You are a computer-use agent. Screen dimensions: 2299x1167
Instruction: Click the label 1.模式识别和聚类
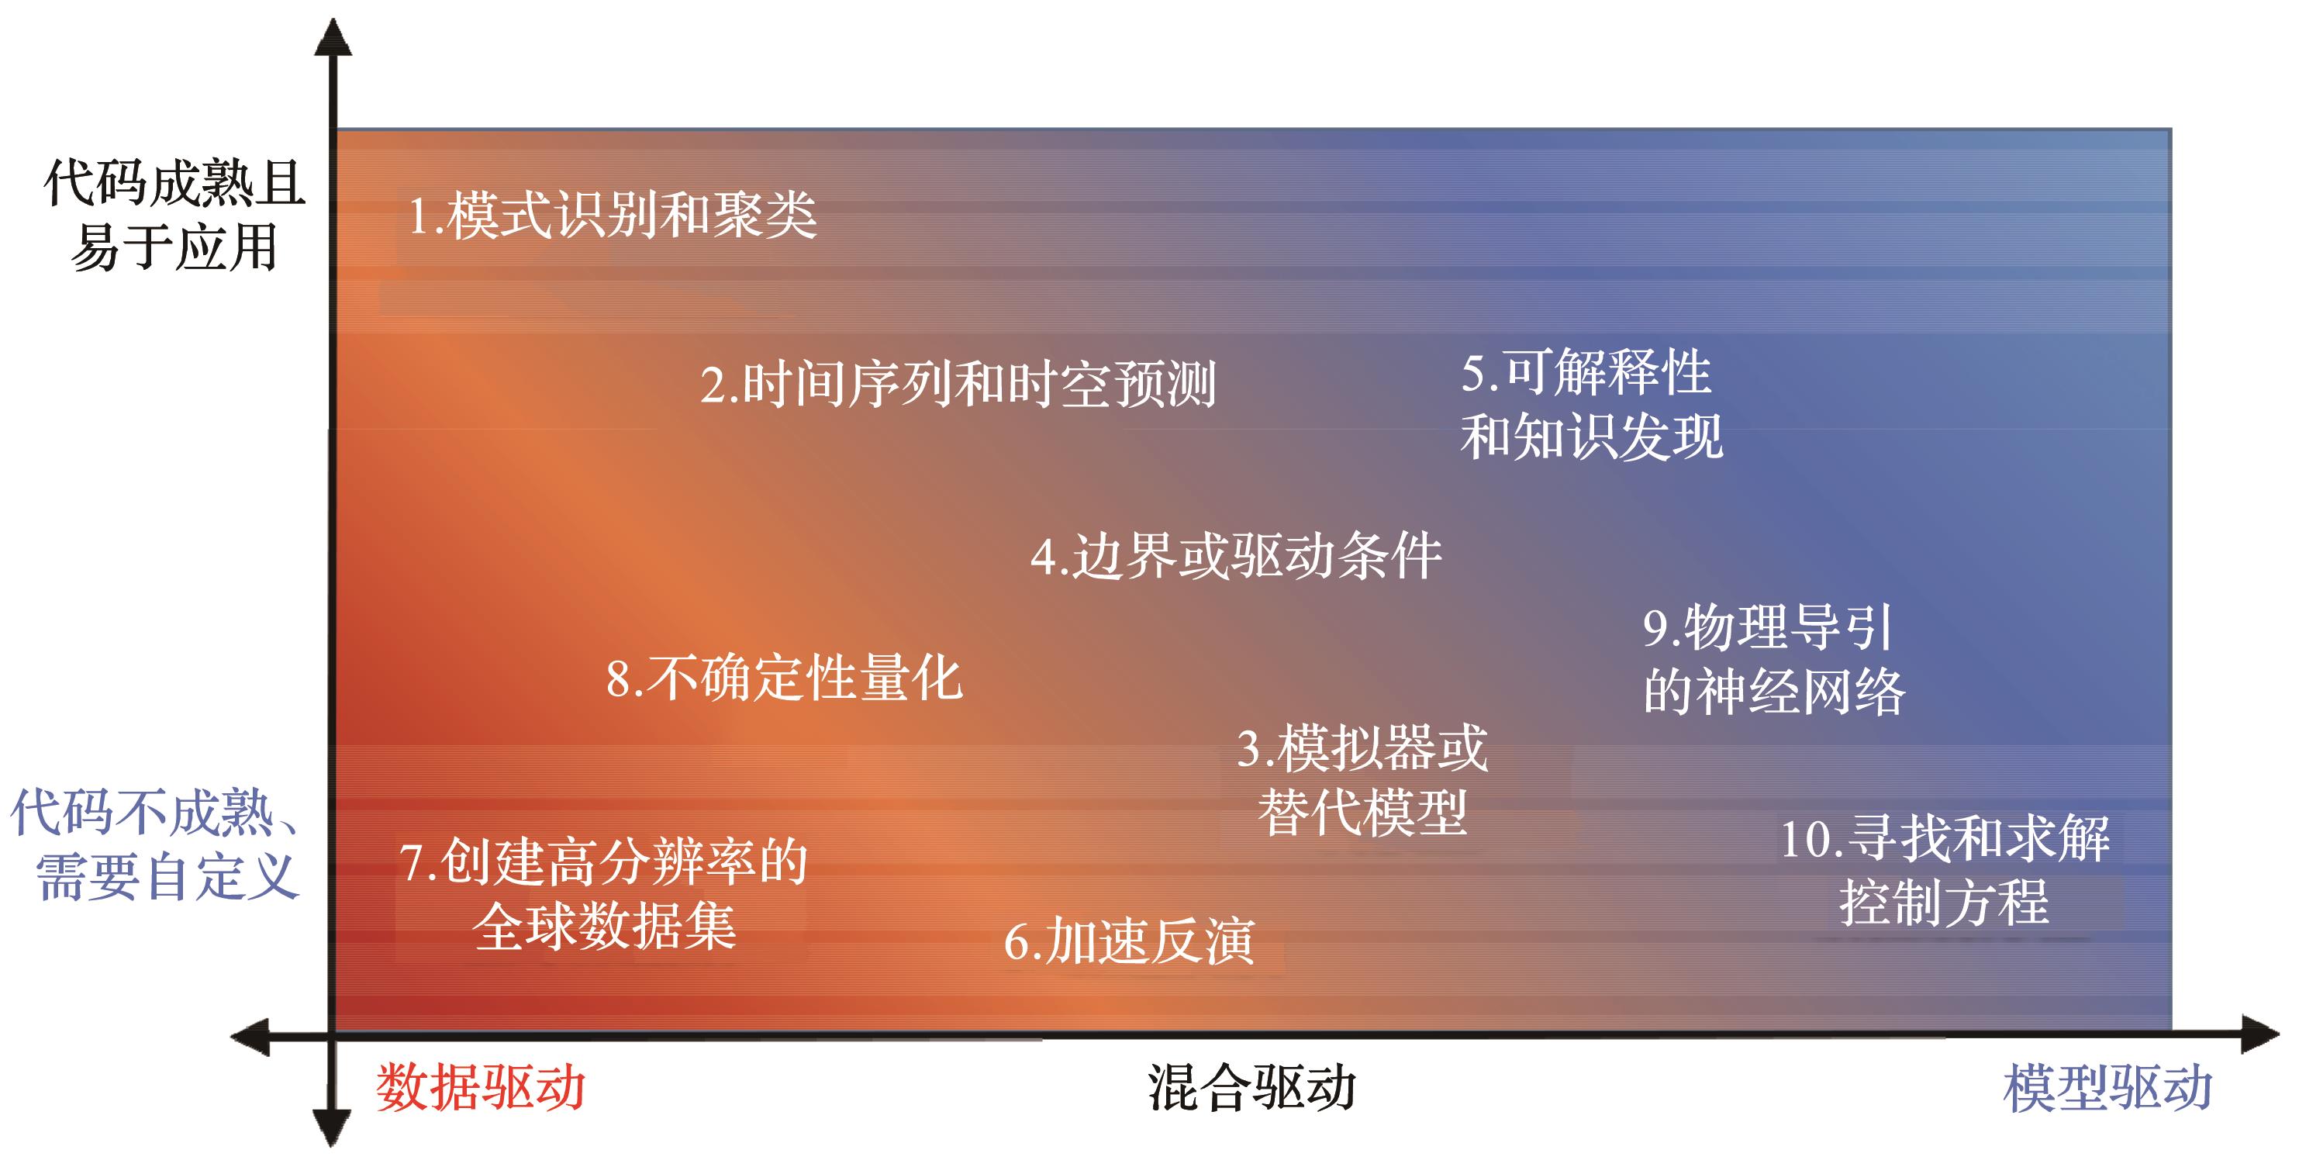tap(613, 215)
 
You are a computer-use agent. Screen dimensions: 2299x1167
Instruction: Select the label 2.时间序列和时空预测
tap(958, 385)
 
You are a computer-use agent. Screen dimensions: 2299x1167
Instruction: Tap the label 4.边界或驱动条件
tap(1236, 556)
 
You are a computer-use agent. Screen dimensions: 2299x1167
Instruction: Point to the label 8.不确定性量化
tap(785, 677)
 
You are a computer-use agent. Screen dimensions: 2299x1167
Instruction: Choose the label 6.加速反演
tap(1129, 941)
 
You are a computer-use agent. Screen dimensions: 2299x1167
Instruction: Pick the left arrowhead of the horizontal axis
tap(250, 1037)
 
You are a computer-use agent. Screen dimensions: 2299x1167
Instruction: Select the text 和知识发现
tap(1592, 437)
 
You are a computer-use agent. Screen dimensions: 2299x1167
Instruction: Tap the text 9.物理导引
tap(1768, 627)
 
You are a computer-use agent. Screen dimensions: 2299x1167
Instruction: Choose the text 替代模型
tap(1362, 813)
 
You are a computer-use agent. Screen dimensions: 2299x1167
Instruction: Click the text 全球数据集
tap(605, 926)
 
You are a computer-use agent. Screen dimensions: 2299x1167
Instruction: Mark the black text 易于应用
tap(175, 247)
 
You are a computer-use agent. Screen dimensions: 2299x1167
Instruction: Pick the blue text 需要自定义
tap(167, 876)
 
